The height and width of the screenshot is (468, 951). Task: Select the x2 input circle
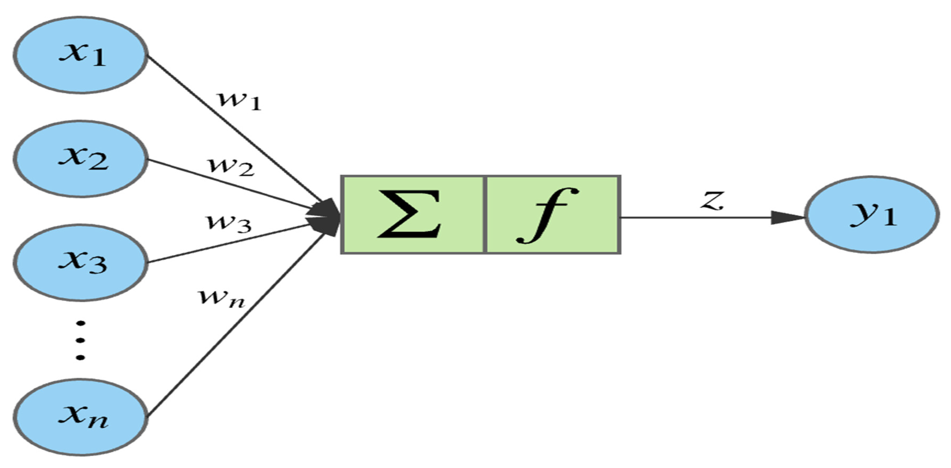click(x=80, y=159)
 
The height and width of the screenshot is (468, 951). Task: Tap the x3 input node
click(x=80, y=263)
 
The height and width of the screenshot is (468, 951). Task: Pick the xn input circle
click(x=80, y=417)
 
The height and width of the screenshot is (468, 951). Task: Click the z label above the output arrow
click(x=712, y=201)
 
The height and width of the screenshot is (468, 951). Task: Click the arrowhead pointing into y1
click(x=786, y=218)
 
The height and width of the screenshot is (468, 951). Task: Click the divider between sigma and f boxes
click(x=485, y=215)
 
